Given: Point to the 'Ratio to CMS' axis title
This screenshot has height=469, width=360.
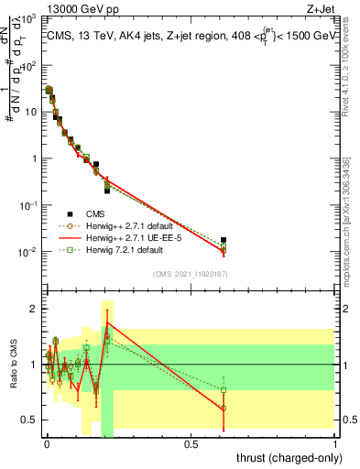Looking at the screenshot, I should click(x=13, y=365).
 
